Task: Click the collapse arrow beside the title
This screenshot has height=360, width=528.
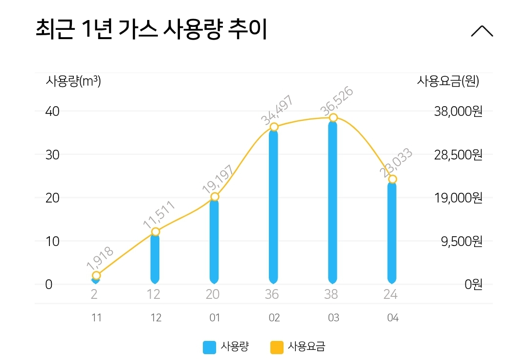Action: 482,31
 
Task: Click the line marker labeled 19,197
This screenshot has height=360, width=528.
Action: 215,197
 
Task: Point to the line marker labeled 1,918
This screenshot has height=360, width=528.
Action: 96,276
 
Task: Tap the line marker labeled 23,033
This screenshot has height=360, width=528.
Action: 392,180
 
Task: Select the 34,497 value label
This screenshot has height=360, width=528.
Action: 277,111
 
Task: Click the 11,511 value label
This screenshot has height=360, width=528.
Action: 159,214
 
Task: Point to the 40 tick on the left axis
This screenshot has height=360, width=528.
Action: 52,112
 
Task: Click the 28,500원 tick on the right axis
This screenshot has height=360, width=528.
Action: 458,155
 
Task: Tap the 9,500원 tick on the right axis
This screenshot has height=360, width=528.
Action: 462,242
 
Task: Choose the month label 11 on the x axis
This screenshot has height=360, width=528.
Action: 96,318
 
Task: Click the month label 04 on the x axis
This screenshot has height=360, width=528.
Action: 393,318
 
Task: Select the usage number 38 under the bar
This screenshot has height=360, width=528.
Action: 333,294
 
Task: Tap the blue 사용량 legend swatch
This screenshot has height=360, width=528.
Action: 209,347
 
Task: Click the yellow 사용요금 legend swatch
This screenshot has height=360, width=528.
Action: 276,347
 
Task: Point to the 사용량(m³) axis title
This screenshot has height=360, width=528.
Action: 73,81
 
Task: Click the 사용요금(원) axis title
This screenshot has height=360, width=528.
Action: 448,81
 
